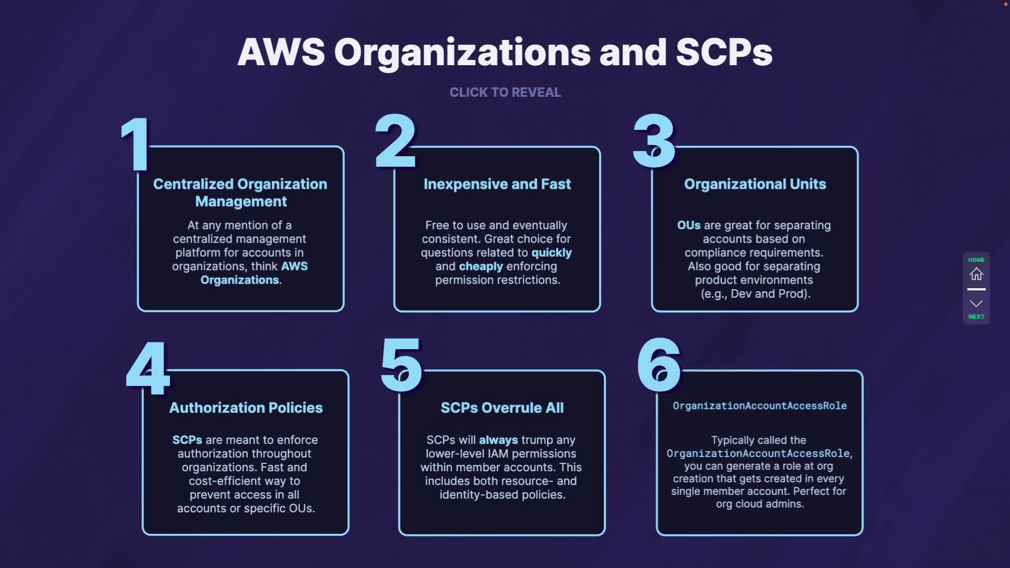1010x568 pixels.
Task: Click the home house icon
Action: pos(976,274)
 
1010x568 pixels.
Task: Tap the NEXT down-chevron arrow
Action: pos(976,303)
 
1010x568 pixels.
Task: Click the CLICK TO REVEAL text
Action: pos(505,93)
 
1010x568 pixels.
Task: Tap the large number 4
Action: pos(148,368)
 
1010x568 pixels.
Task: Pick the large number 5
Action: pos(401,365)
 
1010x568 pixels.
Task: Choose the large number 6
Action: pos(658,365)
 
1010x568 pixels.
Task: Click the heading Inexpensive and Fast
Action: pos(497,184)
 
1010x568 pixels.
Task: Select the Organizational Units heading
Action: pos(755,184)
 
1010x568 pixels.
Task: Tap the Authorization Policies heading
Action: pos(246,408)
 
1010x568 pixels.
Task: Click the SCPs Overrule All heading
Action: pos(502,408)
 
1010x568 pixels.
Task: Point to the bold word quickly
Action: pos(551,253)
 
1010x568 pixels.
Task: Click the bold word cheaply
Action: pos(481,267)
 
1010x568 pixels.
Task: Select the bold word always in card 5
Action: pos(498,440)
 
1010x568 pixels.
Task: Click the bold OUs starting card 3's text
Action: pos(689,226)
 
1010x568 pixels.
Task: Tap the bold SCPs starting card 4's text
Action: pos(187,440)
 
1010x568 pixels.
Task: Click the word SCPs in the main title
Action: pos(724,53)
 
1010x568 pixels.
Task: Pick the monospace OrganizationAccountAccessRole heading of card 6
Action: pos(760,406)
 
